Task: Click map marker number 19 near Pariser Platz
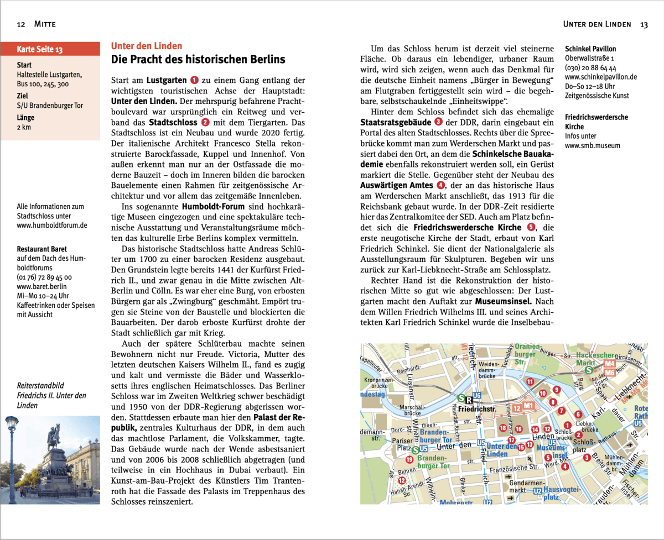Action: tap(409, 459)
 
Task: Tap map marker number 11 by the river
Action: tap(530, 381)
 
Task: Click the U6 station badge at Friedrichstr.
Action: tap(477, 397)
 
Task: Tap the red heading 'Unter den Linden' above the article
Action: tap(147, 46)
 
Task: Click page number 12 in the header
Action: tap(22, 24)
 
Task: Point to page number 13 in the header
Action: tap(644, 24)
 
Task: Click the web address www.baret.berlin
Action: tap(40, 287)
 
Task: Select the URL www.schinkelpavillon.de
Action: tap(601, 77)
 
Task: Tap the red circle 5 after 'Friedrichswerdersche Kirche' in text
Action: tap(532, 227)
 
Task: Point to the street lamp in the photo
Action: tap(11, 453)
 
